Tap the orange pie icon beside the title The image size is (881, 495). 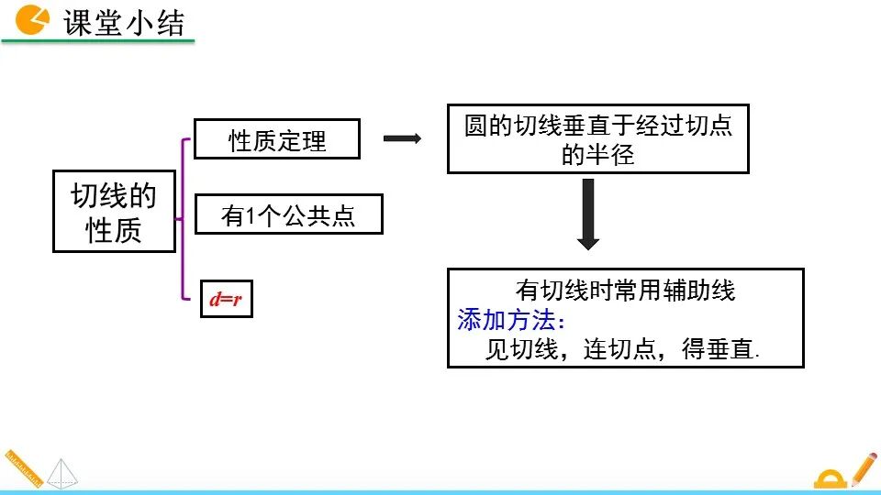click(33, 19)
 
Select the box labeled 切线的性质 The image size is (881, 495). click(114, 212)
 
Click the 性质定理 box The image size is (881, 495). click(277, 140)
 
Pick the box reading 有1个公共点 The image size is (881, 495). click(288, 216)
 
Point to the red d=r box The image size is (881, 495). click(226, 299)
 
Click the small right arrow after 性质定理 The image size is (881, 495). click(401, 138)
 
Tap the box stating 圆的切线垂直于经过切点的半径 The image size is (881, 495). click(597, 139)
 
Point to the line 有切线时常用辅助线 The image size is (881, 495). click(626, 291)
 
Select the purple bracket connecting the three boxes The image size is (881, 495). click(186, 218)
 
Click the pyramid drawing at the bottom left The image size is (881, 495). click(62, 471)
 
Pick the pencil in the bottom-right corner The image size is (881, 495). click(863, 467)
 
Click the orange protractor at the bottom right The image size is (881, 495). click(831, 478)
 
